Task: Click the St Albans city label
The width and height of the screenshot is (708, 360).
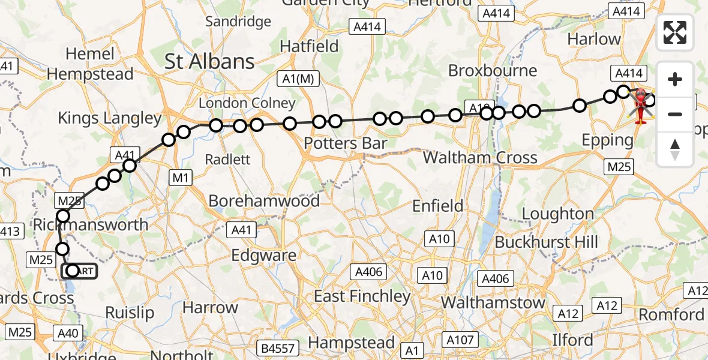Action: pyautogui.click(x=209, y=61)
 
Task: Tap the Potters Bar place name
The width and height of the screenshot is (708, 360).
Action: pyautogui.click(x=345, y=143)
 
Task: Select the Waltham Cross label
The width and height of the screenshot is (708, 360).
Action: pyautogui.click(x=480, y=158)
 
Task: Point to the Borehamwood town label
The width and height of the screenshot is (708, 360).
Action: pyautogui.click(x=264, y=200)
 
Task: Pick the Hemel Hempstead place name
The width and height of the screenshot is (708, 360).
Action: pyautogui.click(x=90, y=64)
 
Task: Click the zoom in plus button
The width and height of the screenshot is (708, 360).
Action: pyautogui.click(x=675, y=79)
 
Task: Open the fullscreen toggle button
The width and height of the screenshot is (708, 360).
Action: pyautogui.click(x=675, y=32)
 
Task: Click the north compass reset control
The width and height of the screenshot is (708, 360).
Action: pyautogui.click(x=675, y=149)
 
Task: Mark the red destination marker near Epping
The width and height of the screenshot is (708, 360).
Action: pyautogui.click(x=642, y=103)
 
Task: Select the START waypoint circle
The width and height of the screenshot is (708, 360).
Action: pyautogui.click(x=73, y=271)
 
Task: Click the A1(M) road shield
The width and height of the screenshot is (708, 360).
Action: pyautogui.click(x=298, y=78)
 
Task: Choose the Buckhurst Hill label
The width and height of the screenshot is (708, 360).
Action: pyautogui.click(x=547, y=242)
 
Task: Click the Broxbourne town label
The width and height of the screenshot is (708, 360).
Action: pyautogui.click(x=493, y=70)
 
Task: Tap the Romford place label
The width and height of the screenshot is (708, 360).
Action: pyautogui.click(x=671, y=314)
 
